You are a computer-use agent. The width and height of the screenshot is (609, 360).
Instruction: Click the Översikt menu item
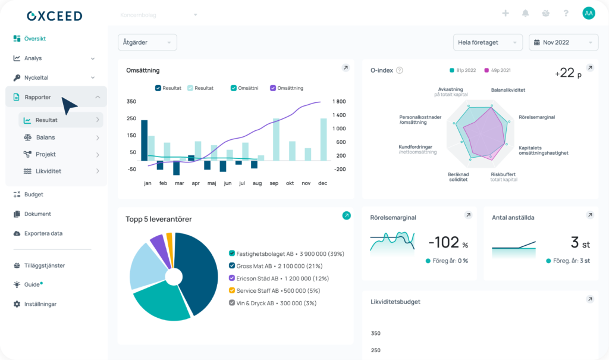tap(34, 39)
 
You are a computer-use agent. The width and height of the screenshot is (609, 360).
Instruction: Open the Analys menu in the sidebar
tap(33, 58)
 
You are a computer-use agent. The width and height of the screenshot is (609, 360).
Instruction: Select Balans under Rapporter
tap(45, 137)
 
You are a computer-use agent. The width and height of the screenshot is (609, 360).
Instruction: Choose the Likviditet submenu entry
tap(48, 171)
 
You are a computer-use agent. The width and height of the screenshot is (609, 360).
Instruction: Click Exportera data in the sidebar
tap(43, 233)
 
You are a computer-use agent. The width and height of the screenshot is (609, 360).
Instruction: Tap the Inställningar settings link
tap(40, 304)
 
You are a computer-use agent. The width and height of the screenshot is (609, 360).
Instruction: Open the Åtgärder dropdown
tap(147, 43)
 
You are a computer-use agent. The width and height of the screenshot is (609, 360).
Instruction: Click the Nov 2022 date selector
tap(563, 43)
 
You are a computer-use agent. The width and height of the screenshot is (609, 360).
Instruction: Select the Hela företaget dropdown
tap(487, 43)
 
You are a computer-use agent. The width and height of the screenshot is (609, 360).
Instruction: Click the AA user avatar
tap(588, 13)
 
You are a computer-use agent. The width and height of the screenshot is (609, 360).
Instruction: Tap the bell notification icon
tap(526, 13)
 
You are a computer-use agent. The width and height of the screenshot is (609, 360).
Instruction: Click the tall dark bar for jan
tap(144, 140)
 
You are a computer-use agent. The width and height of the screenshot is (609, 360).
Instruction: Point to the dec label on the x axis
tap(322, 183)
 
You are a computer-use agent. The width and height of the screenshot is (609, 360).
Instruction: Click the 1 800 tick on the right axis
tap(340, 102)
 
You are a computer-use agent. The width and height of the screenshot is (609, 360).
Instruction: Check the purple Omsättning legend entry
tap(287, 88)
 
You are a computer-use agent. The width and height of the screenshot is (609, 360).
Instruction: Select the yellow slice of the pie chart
tap(169, 240)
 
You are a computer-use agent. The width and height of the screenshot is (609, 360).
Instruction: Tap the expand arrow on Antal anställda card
tap(590, 215)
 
